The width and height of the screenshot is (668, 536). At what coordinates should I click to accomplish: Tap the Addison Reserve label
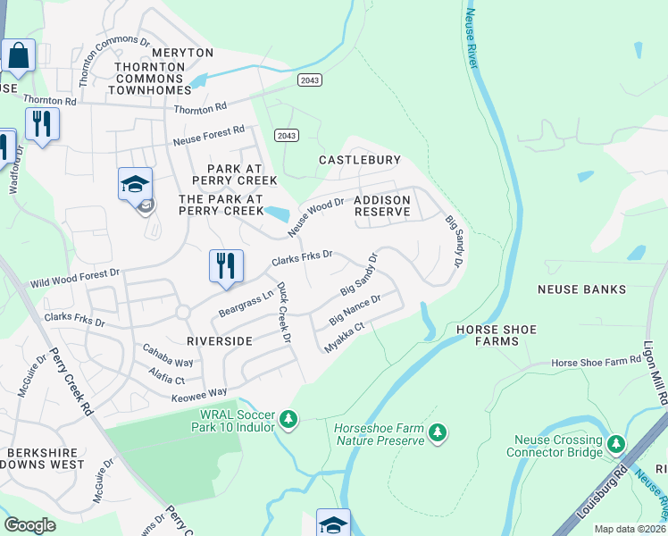(x=382, y=205)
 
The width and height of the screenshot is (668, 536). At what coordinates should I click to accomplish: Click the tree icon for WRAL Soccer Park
(x=288, y=418)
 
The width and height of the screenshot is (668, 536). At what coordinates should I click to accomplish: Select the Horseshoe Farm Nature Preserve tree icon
(x=437, y=433)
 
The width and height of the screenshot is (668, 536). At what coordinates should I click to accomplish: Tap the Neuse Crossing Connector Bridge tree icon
(x=615, y=444)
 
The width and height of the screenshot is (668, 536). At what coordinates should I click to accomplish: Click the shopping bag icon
(x=18, y=55)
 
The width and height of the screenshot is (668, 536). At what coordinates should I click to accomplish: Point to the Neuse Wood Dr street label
(x=315, y=218)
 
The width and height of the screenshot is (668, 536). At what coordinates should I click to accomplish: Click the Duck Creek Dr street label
(x=284, y=313)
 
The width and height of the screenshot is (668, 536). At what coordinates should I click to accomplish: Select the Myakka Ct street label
(x=345, y=338)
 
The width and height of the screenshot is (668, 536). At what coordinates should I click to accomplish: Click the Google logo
(x=29, y=525)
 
